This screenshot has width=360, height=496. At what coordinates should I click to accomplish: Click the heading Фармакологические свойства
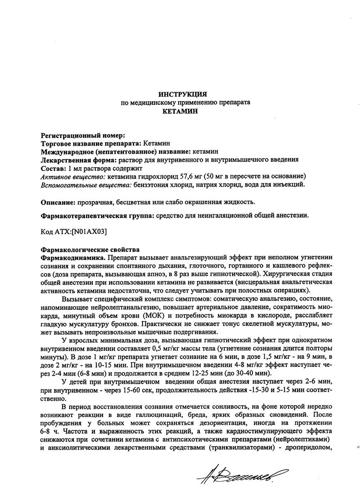[x=90, y=250]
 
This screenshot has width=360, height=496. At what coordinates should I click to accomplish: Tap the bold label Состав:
[x=53, y=168]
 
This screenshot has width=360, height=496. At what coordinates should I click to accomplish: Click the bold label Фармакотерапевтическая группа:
[x=97, y=215]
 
